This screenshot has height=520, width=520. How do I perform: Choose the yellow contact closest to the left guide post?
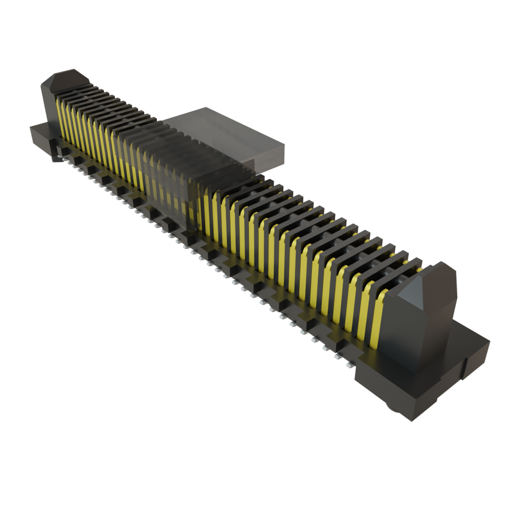(59, 117)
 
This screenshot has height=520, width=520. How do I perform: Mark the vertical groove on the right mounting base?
(465, 368)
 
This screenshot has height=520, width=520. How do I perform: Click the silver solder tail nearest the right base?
(349, 365)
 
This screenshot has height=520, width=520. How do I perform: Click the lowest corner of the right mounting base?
(414, 421)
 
